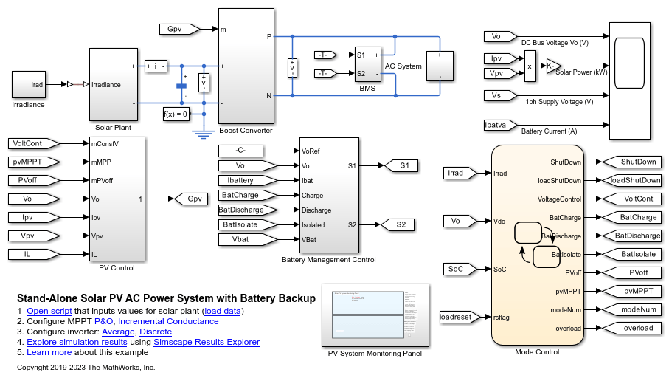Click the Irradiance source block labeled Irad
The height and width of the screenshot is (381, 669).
point(29,85)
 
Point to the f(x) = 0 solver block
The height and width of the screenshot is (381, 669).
point(176,114)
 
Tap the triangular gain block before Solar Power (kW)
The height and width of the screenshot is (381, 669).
point(552,66)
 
